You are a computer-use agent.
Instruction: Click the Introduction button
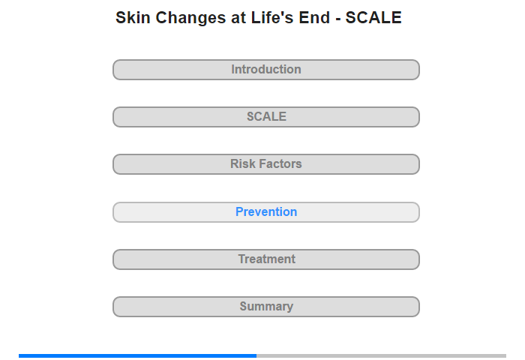click(266, 70)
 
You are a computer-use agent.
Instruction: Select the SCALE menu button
click(266, 117)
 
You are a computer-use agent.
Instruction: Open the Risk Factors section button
click(266, 164)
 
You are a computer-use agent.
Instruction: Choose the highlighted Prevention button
click(266, 212)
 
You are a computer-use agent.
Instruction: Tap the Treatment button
click(266, 259)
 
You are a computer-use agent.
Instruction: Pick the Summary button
click(266, 307)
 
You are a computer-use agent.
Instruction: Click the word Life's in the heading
click(272, 17)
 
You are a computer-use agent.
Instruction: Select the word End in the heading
click(314, 17)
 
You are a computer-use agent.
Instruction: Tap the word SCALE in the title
click(373, 17)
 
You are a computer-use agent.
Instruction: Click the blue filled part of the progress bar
click(137, 355)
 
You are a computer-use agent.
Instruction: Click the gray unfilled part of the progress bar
click(381, 355)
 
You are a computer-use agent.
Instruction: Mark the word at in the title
click(238, 18)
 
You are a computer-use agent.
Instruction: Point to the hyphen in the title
click(337, 19)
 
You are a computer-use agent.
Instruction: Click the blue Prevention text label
click(266, 211)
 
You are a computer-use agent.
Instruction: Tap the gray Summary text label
click(266, 307)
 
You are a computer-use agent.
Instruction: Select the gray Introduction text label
click(266, 69)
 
